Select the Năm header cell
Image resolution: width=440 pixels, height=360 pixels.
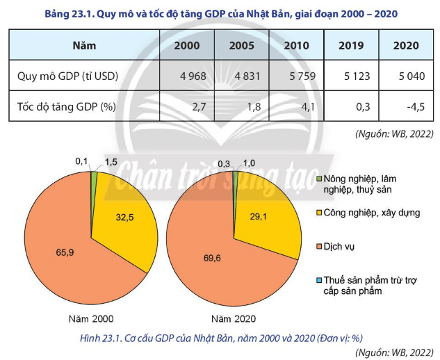click(84, 46)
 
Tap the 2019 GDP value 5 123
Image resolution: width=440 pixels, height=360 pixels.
click(354, 76)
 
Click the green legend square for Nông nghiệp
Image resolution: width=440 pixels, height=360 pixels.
click(319, 179)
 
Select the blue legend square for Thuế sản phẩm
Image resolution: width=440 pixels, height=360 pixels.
click(319, 279)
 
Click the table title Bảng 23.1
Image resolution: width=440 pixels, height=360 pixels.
click(220, 13)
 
